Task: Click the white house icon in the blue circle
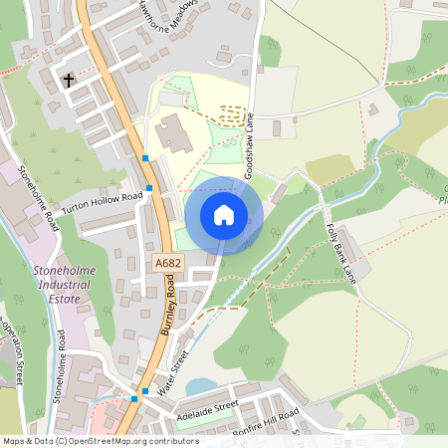pos(223,214)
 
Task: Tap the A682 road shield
pos(167,263)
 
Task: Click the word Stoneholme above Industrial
pos(63,269)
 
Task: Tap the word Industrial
pos(63,283)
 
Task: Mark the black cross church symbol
pos(70,80)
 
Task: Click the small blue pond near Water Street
pos(199,385)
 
